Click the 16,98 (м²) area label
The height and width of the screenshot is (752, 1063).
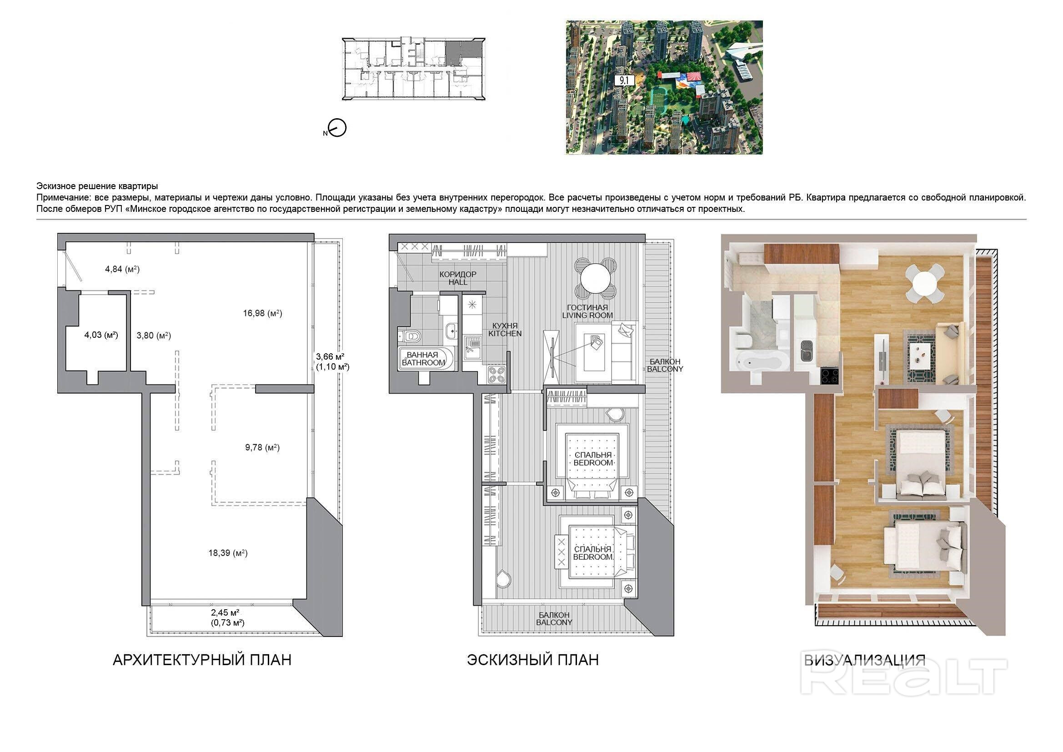(x=262, y=314)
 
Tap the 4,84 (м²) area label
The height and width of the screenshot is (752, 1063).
(x=122, y=269)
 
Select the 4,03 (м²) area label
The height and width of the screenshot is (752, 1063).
(x=101, y=335)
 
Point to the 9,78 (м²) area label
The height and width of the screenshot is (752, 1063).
(x=262, y=447)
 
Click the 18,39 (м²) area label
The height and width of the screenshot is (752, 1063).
(x=228, y=553)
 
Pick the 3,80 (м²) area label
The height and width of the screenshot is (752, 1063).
(x=153, y=335)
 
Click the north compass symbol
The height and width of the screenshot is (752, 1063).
(x=336, y=128)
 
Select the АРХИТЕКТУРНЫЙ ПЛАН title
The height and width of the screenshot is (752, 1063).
(x=202, y=660)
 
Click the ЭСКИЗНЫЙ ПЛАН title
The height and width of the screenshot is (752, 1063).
(x=532, y=660)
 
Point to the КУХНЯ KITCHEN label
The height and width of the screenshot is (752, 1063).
(x=505, y=329)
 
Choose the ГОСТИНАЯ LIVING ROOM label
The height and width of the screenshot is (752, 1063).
(x=587, y=311)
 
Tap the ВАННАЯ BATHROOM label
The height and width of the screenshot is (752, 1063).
(x=423, y=359)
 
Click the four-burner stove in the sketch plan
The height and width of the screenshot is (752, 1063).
(x=496, y=374)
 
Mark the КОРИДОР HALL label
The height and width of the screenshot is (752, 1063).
(x=457, y=278)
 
